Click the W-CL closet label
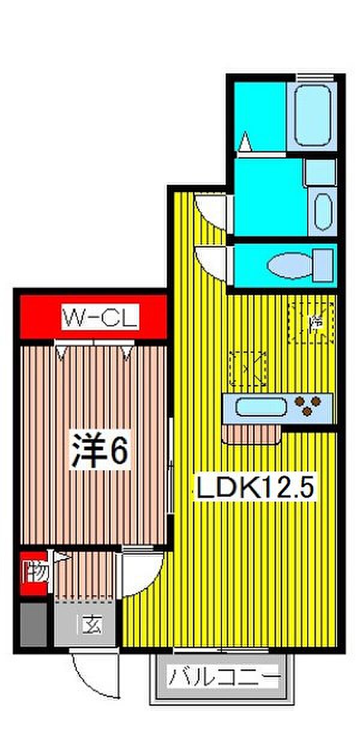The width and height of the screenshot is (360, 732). [x=100, y=317]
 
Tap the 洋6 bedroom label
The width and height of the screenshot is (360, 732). [x=101, y=450]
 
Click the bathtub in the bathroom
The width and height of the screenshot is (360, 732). [x=310, y=115]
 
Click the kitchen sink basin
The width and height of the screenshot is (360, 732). [x=260, y=407]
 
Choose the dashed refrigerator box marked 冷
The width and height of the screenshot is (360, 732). [x=311, y=323]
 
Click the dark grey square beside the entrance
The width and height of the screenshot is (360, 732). [x=33, y=625]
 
